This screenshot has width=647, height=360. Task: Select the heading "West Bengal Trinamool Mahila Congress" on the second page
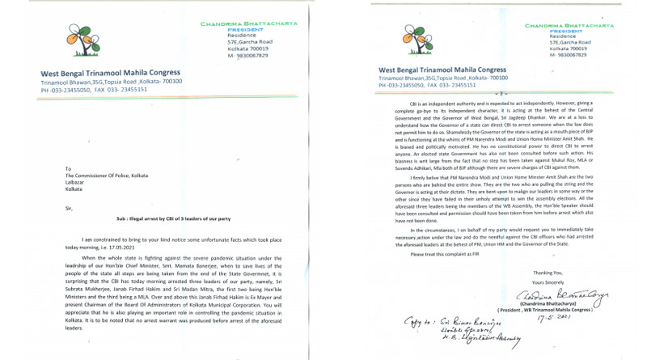tap(442, 70)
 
